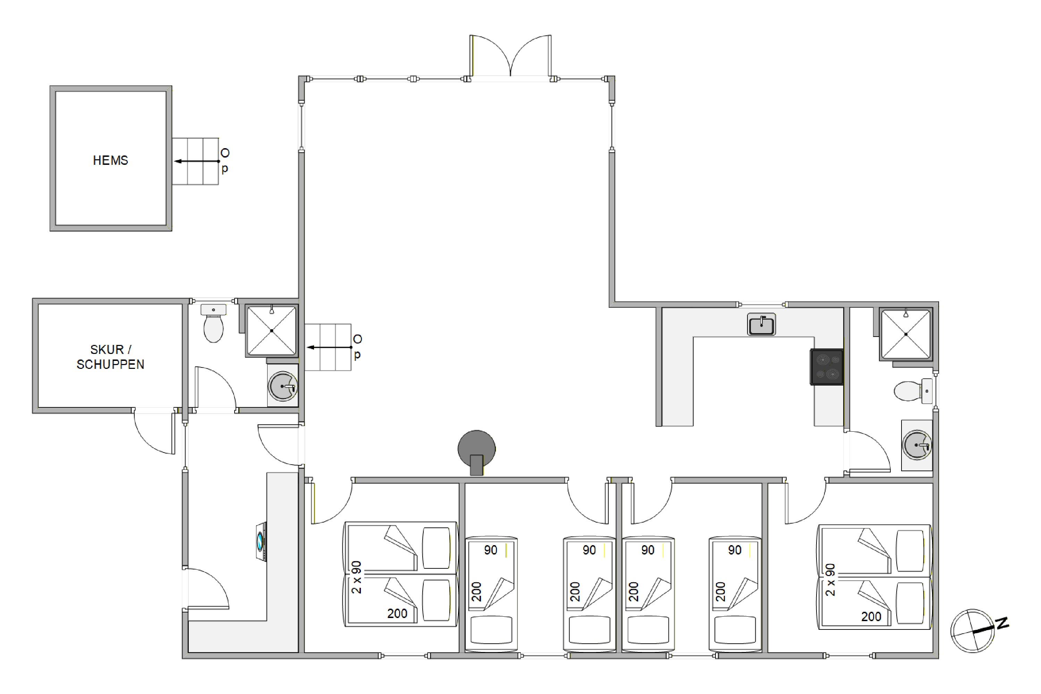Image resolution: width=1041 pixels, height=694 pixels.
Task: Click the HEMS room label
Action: (x=110, y=160)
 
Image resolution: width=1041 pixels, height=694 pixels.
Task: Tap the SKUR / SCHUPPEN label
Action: (x=110, y=357)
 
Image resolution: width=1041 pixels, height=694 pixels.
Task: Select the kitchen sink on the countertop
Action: (x=761, y=324)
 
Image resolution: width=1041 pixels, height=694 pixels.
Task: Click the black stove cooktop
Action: (x=827, y=367)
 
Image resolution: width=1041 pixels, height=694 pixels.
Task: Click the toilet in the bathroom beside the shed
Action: (x=213, y=323)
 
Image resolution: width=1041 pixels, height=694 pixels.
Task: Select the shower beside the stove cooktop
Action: (x=906, y=334)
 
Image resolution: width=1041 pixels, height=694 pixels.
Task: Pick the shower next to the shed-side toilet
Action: (x=271, y=331)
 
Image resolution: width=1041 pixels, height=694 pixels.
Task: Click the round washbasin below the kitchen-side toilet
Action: (x=917, y=445)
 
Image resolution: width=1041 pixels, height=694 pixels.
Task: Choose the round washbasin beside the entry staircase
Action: (x=282, y=386)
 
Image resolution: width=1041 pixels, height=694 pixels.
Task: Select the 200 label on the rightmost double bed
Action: (x=871, y=616)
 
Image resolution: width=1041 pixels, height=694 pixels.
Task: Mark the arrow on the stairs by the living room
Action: (x=330, y=347)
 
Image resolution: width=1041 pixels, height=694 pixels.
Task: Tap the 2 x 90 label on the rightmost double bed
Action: (x=830, y=580)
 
